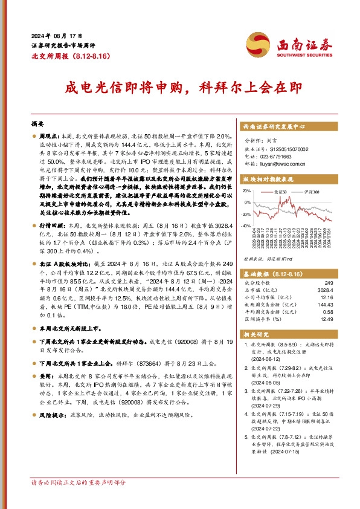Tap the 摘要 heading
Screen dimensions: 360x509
[38, 122]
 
